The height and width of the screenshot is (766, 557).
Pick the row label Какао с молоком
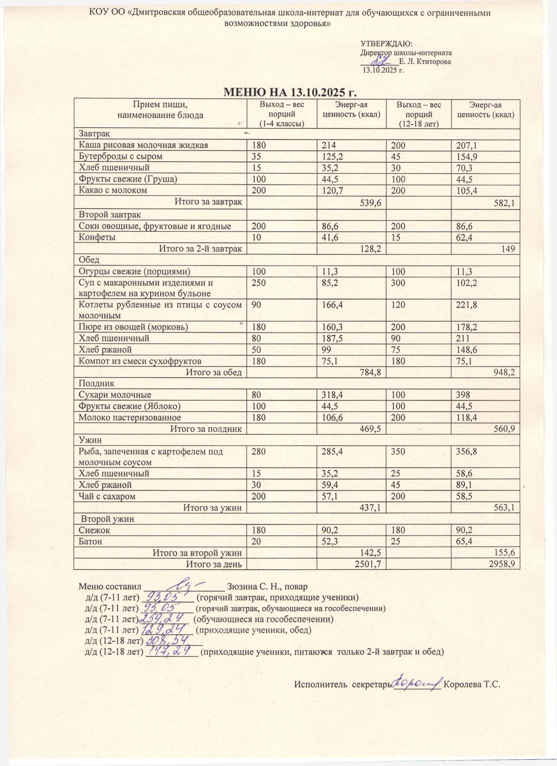(x=113, y=190)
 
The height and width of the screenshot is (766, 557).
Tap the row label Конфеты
(x=97, y=237)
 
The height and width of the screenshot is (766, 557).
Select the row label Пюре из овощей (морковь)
(x=134, y=327)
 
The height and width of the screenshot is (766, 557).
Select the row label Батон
(x=91, y=541)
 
